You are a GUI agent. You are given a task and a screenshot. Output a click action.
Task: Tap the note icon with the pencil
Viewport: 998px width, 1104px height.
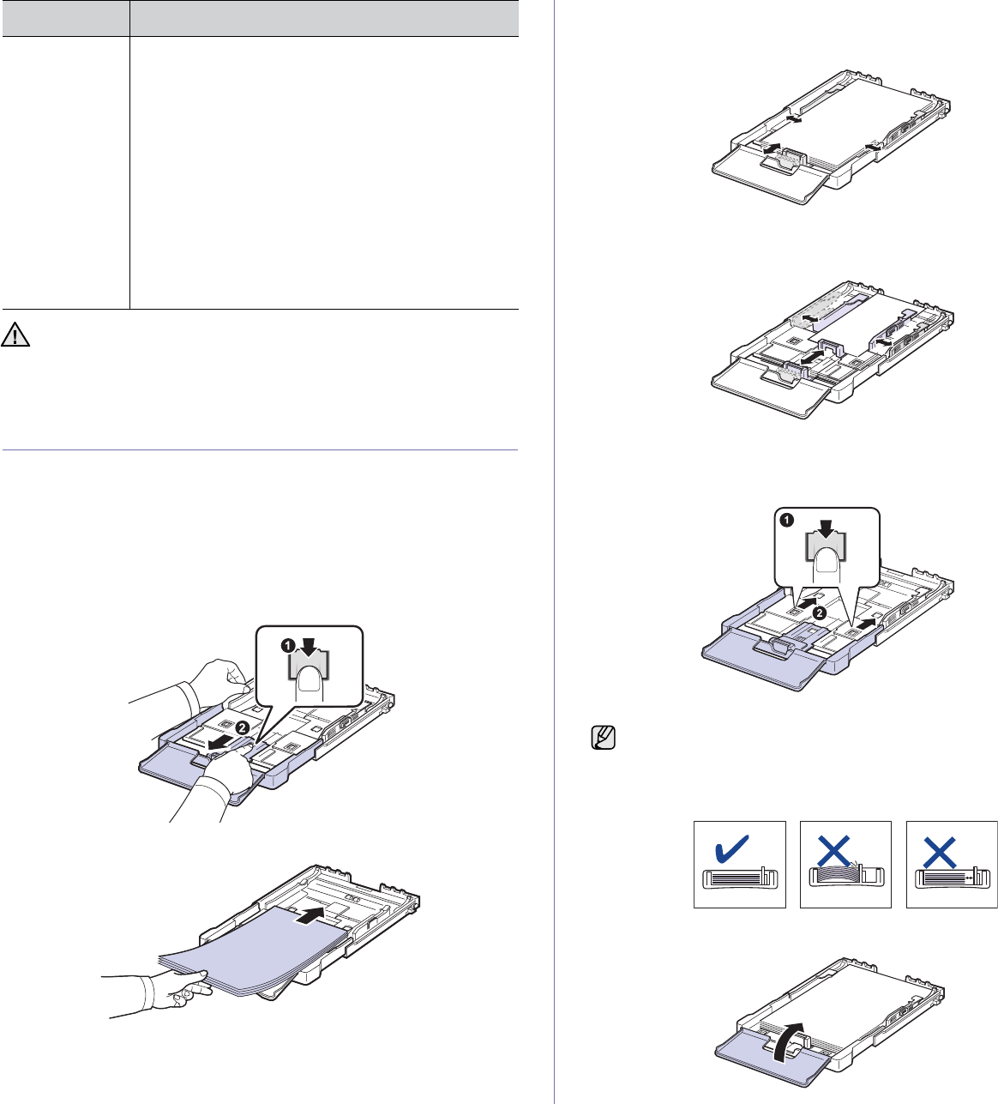(604, 737)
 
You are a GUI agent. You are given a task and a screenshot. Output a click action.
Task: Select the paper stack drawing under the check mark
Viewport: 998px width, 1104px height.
(739, 879)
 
